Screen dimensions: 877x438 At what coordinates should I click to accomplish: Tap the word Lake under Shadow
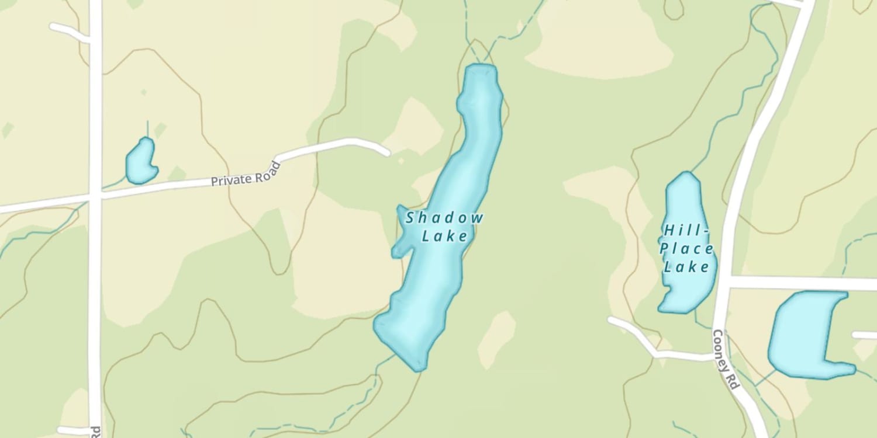click(445, 237)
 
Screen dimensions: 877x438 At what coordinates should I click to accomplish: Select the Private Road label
click(246, 174)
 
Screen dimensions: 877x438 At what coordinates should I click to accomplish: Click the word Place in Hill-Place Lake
click(686, 249)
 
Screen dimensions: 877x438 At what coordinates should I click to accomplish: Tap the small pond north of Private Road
click(140, 161)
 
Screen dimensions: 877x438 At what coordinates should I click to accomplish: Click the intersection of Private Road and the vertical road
click(95, 197)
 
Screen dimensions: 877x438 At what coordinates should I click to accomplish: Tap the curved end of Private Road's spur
click(383, 150)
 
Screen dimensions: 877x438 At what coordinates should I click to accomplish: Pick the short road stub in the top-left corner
click(67, 30)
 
